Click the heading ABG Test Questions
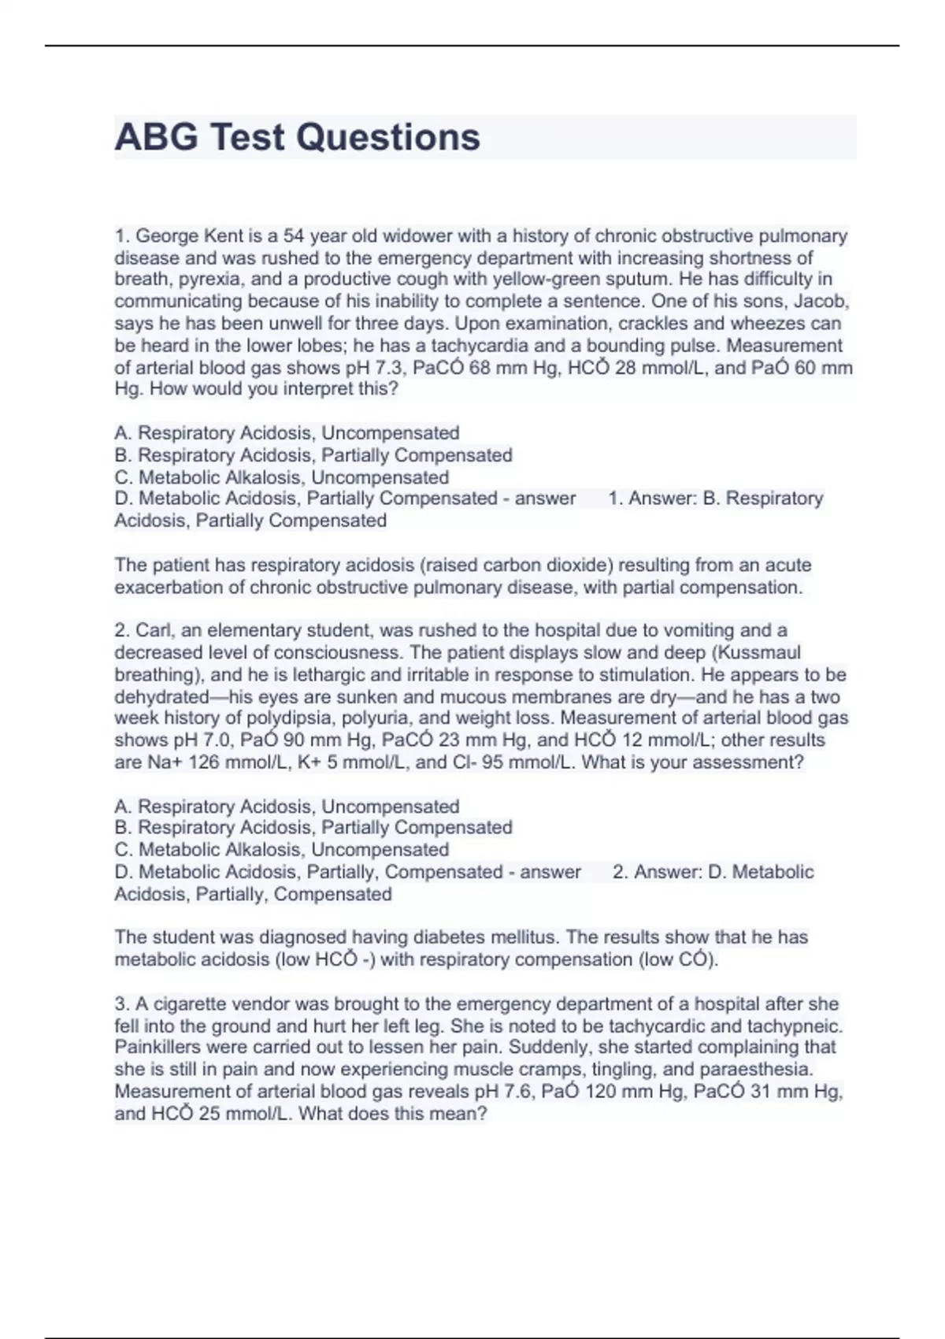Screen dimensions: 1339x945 click(x=297, y=137)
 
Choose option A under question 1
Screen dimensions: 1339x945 click(x=287, y=433)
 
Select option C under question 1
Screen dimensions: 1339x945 click(x=281, y=477)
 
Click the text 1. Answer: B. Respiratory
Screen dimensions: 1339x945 click(x=715, y=499)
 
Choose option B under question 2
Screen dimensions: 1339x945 click(x=313, y=828)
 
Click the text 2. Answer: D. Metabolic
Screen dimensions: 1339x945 click(x=713, y=872)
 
